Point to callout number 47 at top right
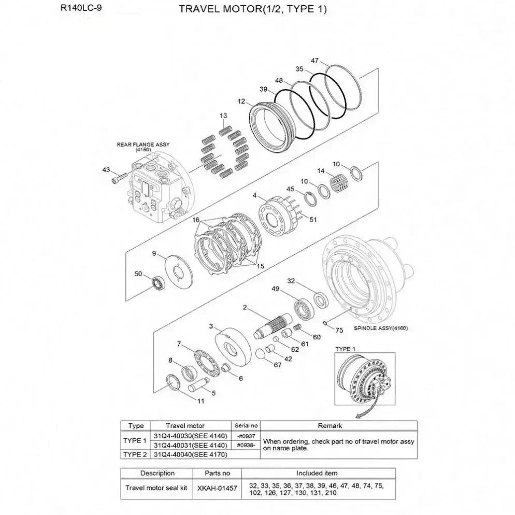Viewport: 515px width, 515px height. point(314,61)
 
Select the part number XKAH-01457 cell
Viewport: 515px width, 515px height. point(217,488)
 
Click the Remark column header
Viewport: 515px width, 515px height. point(330,426)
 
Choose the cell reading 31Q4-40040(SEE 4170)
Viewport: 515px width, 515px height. point(191,454)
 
